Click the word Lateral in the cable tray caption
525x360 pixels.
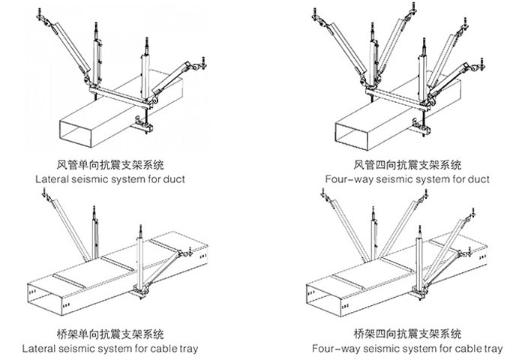pos(37,349)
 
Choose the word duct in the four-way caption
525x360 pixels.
pos(478,180)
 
